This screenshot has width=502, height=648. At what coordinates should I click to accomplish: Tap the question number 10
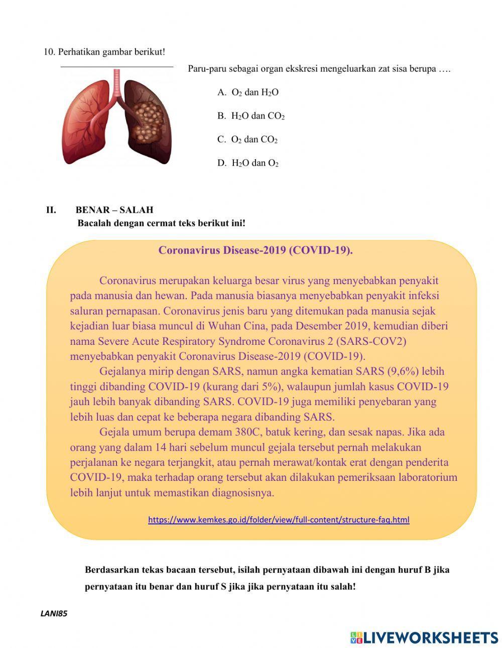click(49, 52)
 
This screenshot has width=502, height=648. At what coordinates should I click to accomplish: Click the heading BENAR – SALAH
click(114, 210)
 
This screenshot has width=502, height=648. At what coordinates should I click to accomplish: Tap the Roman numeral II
click(51, 210)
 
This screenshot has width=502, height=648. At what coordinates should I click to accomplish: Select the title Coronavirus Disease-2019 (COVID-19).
click(256, 250)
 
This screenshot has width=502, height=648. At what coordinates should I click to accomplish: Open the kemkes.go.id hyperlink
click(279, 520)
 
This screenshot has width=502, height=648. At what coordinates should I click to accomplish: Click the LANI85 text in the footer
click(54, 613)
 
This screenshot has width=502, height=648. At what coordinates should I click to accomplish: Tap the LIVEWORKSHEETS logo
click(424, 637)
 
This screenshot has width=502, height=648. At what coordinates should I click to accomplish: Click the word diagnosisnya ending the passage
click(243, 492)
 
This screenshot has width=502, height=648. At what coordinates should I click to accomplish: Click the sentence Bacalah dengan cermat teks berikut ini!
click(161, 223)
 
